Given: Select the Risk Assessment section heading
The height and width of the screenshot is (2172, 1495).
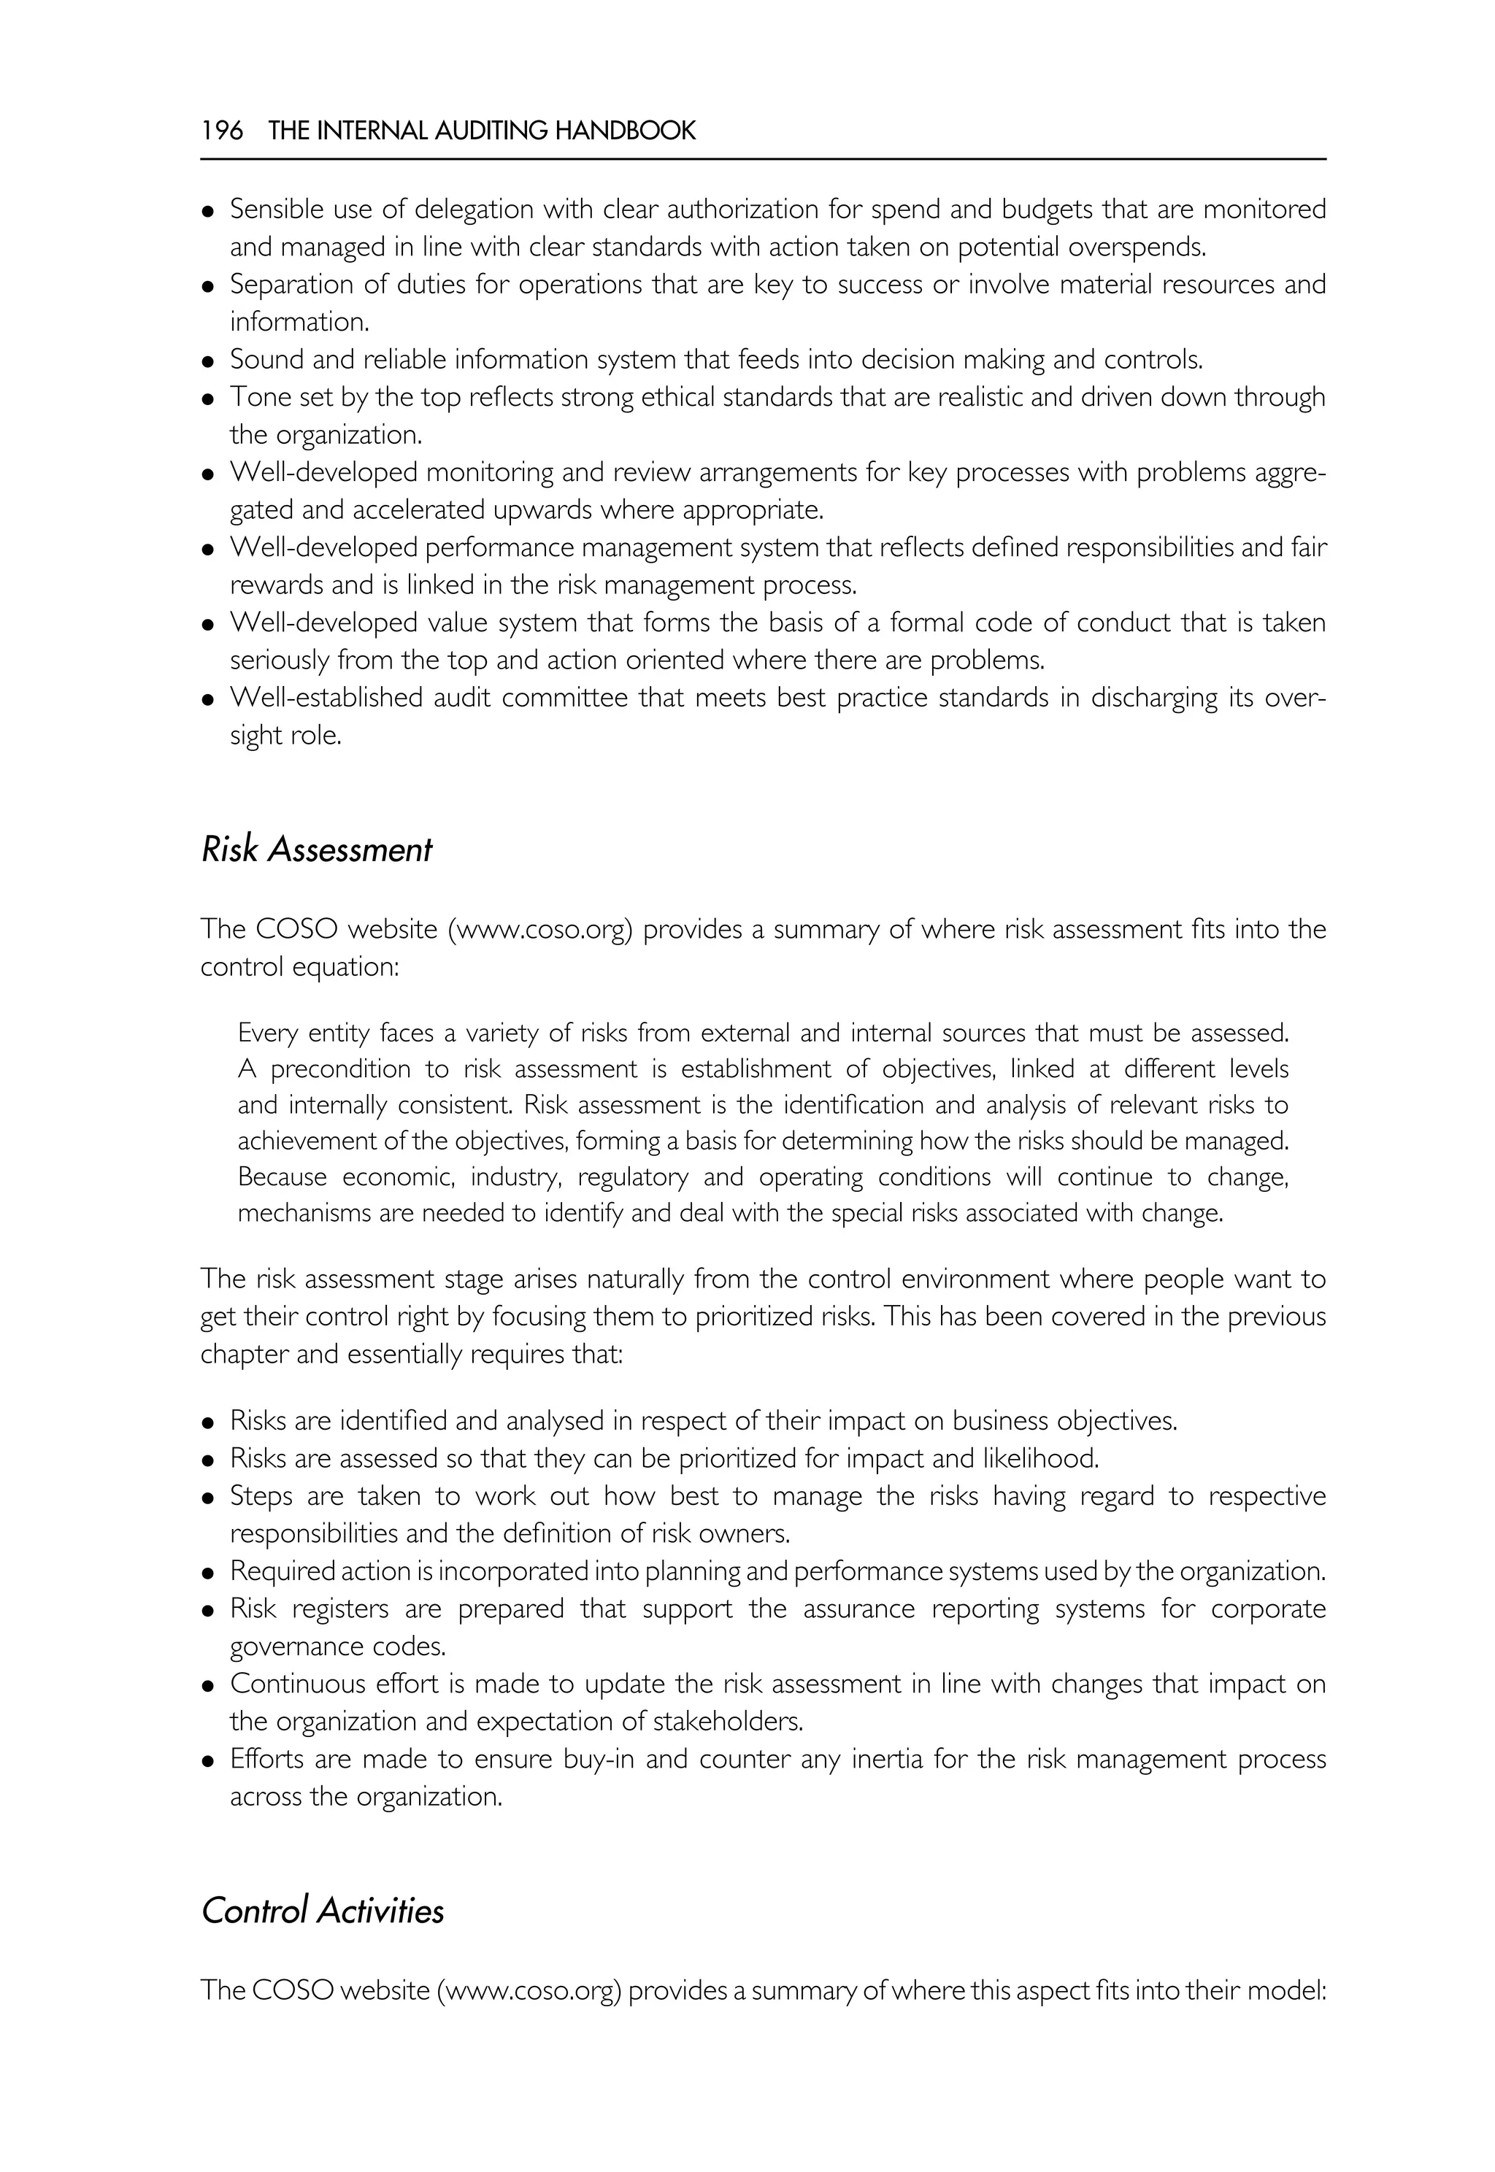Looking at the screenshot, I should point(317,850).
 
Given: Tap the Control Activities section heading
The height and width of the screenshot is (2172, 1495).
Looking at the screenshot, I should point(322,1911).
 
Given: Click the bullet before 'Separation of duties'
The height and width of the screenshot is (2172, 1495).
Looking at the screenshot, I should point(209,285).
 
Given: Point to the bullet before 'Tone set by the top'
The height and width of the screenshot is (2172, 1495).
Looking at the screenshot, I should point(209,399).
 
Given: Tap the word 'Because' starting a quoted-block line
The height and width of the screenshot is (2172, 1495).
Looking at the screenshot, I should point(281,1176).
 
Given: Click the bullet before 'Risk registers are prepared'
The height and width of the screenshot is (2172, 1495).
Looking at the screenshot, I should point(209,1611).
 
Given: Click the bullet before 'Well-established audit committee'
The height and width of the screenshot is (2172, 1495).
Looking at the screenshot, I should point(209,700).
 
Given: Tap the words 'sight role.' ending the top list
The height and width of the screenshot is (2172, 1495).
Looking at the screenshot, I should point(285,736).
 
